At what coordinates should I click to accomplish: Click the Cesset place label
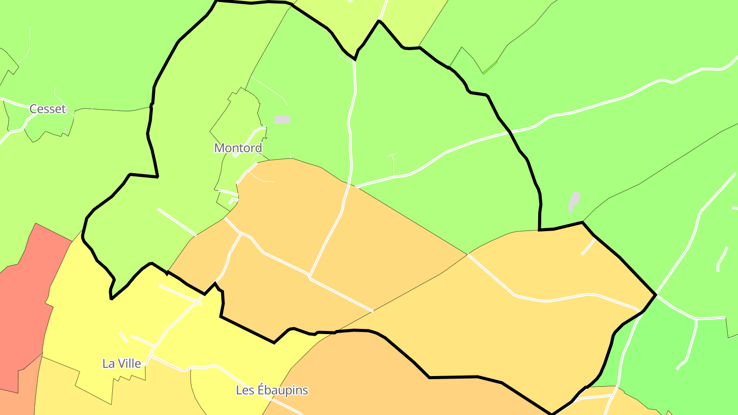tap(48, 109)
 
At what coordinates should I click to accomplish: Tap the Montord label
tap(238, 148)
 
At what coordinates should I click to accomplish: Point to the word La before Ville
tap(108, 363)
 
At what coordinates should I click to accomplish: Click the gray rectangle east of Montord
tap(282, 119)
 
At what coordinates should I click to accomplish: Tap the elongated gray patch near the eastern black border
tap(574, 201)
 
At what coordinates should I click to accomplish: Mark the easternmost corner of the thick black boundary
tap(656, 295)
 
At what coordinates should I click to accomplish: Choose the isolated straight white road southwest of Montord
tap(177, 222)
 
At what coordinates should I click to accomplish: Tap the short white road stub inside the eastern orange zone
tap(588, 246)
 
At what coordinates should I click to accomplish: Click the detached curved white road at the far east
tap(722, 259)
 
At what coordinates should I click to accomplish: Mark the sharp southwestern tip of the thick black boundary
tap(111, 298)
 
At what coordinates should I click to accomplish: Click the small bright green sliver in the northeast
tap(489, 67)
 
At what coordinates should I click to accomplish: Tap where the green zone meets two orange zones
tap(468, 254)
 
